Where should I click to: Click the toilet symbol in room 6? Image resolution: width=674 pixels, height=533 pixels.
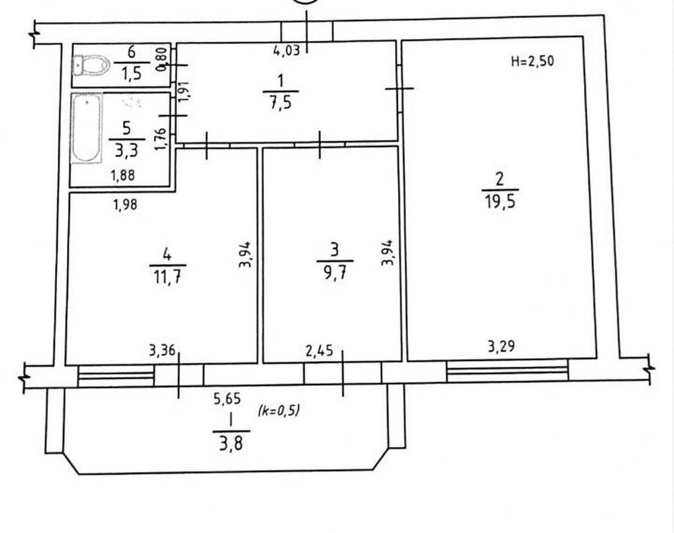click(91, 65)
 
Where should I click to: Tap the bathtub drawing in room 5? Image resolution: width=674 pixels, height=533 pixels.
click(87, 128)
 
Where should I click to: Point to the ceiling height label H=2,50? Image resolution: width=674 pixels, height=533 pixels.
click(533, 61)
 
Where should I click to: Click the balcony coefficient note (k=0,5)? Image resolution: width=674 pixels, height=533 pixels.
click(278, 410)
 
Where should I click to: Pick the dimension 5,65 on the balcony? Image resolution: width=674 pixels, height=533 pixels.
click(227, 399)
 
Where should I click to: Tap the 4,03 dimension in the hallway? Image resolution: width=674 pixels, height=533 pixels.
click(287, 51)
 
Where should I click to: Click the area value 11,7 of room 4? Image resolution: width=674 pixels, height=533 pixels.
click(168, 277)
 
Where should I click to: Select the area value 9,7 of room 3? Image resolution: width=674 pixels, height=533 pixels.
click(335, 273)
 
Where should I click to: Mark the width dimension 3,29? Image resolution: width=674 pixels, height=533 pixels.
click(501, 346)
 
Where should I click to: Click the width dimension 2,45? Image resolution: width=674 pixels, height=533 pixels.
click(319, 351)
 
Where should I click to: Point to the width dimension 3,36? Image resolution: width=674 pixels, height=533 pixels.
click(162, 351)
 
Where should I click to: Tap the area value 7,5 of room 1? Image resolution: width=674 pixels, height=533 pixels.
click(281, 104)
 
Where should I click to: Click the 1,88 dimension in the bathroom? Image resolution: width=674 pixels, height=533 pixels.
click(123, 175)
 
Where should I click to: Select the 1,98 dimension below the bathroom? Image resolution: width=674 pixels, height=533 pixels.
click(126, 204)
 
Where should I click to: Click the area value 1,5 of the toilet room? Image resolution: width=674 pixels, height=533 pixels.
click(132, 74)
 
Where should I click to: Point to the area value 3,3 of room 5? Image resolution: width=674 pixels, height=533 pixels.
click(126, 151)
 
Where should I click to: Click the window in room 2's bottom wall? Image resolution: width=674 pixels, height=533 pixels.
click(507, 372)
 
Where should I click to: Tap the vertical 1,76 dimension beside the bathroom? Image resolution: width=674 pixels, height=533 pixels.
click(161, 139)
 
